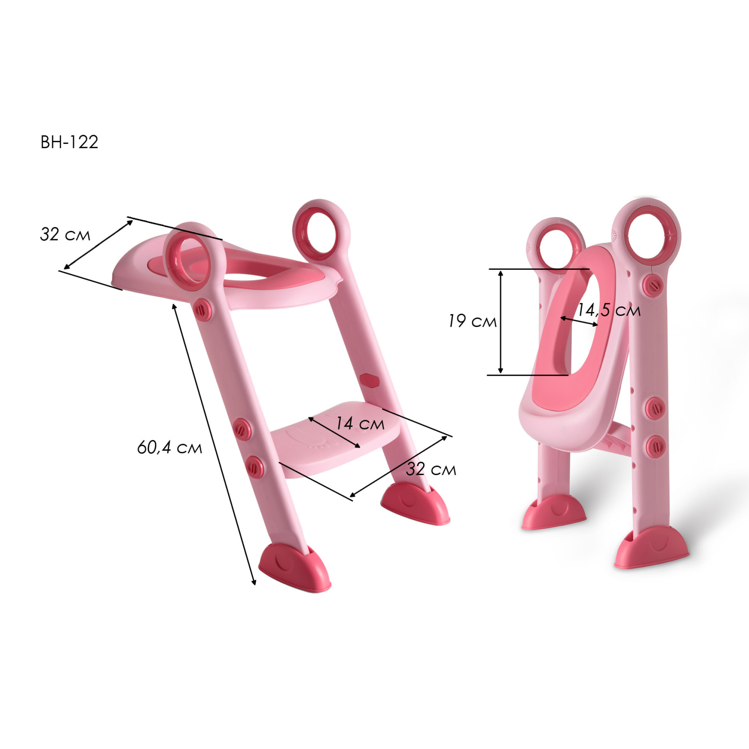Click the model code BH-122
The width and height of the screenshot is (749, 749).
[x=69, y=142]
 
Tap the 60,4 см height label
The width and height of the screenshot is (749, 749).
[x=169, y=448]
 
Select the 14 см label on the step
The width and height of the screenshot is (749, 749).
[x=360, y=423]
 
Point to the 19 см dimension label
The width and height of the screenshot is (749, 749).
[x=473, y=321]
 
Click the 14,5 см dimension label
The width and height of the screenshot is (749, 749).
[x=609, y=310]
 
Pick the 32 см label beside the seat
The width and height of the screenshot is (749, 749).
[x=65, y=234]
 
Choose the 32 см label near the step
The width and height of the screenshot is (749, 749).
[x=431, y=469]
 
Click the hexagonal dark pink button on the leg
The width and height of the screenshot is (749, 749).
[x=369, y=380]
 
